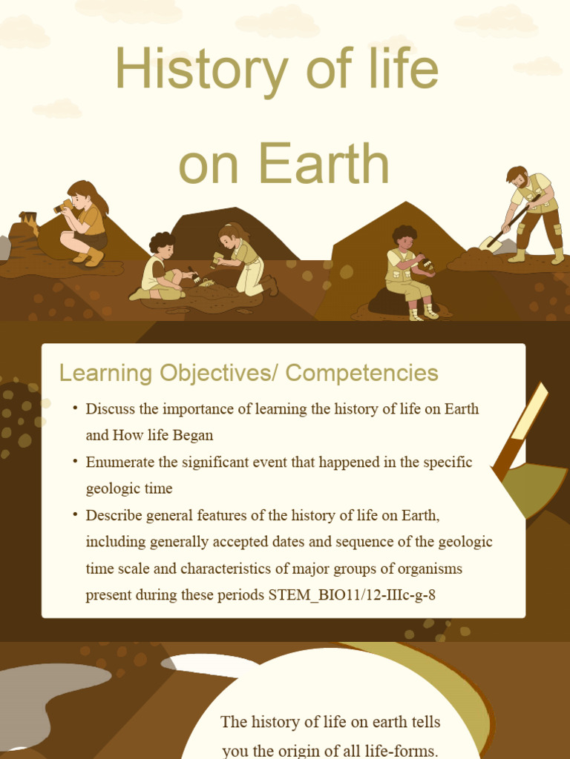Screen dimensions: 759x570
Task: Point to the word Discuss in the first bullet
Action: tap(111, 409)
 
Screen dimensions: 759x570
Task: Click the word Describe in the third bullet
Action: tap(113, 515)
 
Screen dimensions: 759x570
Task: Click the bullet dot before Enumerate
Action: tap(75, 462)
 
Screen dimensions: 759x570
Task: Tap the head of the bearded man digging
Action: tap(518, 177)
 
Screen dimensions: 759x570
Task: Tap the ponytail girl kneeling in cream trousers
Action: tap(244, 259)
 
